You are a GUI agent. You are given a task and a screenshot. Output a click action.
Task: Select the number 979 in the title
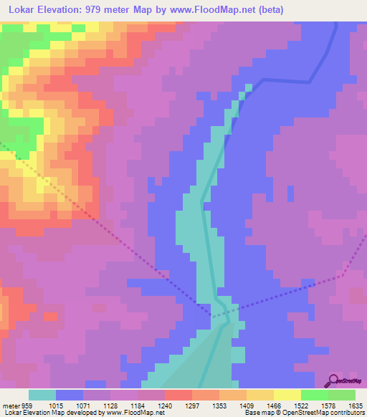[x=94, y=9]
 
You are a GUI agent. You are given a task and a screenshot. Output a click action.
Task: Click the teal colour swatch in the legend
[x=42, y=395]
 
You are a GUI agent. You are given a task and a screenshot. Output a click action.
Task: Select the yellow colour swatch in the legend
[x=287, y=395]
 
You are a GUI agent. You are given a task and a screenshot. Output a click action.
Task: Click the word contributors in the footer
[x=346, y=413]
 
